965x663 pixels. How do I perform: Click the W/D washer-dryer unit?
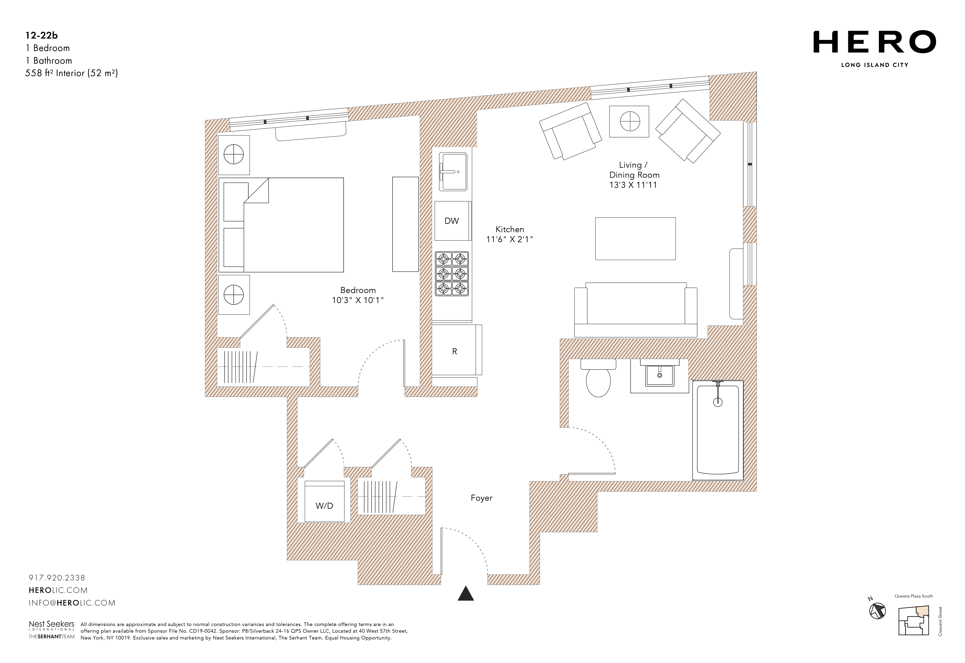[324, 501]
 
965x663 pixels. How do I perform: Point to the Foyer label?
[481, 498]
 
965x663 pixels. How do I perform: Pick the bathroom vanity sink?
[659, 376]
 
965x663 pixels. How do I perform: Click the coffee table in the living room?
[635, 239]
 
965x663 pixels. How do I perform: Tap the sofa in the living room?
[635, 310]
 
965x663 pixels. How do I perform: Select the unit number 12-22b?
[41, 36]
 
